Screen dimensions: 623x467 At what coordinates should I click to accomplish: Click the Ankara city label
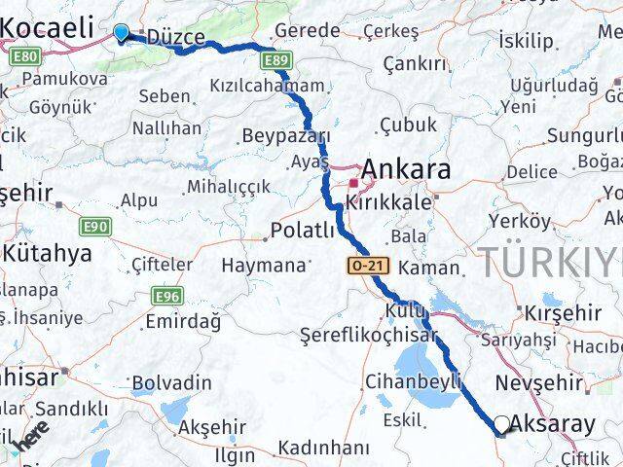[406, 170]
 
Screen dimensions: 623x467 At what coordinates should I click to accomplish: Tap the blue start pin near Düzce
[121, 33]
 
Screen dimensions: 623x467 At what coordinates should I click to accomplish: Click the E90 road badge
[94, 226]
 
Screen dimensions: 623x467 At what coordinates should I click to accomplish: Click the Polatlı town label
[303, 231]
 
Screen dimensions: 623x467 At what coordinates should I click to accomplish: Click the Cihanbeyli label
[414, 381]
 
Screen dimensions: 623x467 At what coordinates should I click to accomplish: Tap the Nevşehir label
[538, 381]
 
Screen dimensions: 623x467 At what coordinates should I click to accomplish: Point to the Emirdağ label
[182, 321]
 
